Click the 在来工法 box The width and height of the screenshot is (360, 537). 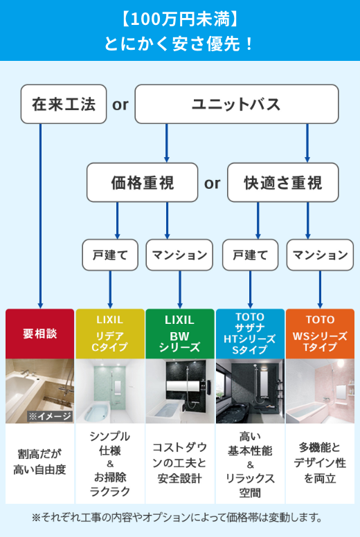64,104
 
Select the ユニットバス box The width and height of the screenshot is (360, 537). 236,104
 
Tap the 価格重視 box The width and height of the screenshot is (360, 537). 143,183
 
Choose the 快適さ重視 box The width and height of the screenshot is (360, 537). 283,183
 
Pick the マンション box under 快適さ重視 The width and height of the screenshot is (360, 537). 319,255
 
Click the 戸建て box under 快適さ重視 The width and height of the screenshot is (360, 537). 250,255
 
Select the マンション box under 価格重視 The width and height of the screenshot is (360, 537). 179,255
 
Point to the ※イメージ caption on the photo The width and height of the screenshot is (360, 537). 50,416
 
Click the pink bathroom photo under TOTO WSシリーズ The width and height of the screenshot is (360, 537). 320,391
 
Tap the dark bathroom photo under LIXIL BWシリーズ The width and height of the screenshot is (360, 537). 180,391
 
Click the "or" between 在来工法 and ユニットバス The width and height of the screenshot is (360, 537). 120,104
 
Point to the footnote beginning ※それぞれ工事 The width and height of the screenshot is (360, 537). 180,517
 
